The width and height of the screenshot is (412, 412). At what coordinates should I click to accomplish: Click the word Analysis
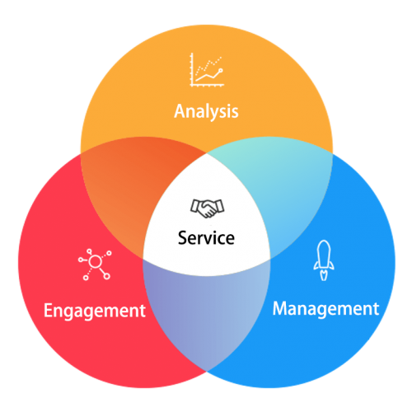click(x=206, y=112)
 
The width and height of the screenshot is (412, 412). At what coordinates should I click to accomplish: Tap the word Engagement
click(x=95, y=311)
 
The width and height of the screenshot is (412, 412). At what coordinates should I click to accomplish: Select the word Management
click(x=325, y=310)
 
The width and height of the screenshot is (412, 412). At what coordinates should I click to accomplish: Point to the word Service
click(x=206, y=237)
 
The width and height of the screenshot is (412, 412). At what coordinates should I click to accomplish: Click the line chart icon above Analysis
click(x=207, y=70)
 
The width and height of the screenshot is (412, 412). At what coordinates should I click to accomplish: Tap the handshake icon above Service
click(x=208, y=208)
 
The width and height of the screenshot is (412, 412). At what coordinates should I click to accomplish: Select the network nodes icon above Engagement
click(x=95, y=265)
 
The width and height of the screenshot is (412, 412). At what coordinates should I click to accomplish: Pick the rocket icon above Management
click(x=324, y=260)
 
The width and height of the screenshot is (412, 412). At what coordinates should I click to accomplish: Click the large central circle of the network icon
click(x=95, y=261)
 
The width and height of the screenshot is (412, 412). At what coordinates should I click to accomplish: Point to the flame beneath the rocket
click(x=324, y=275)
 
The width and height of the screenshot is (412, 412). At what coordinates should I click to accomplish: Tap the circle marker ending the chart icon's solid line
click(x=220, y=71)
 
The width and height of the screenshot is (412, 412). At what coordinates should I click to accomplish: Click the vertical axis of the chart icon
click(x=192, y=69)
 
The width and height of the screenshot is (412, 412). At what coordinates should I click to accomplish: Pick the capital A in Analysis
click(x=180, y=111)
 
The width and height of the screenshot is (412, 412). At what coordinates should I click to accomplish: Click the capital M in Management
click(x=281, y=308)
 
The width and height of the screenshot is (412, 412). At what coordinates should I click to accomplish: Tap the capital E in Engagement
click(x=49, y=310)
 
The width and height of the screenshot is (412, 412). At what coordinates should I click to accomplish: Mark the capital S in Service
click(x=183, y=238)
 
